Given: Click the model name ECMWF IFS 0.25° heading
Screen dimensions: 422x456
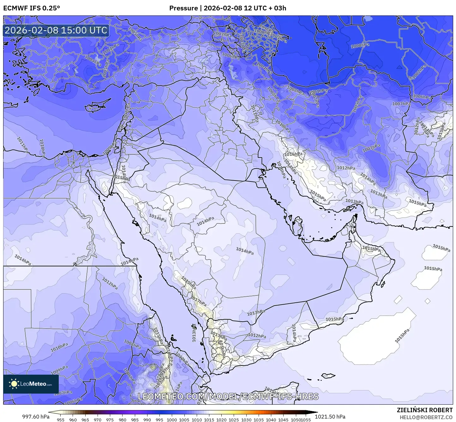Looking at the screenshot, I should click(x=32, y=8).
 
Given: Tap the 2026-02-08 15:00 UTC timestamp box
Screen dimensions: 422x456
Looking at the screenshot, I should click(x=56, y=30).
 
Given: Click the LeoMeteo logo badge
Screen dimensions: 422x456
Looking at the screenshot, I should click(x=31, y=384).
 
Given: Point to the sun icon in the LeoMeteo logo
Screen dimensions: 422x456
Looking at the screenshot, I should click(x=14, y=384).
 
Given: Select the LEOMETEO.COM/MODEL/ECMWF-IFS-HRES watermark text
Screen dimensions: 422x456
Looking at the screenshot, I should click(x=228, y=396).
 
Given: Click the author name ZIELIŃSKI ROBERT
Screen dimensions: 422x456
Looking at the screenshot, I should click(x=424, y=410).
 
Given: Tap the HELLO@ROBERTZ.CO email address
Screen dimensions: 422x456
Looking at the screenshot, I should click(x=426, y=417).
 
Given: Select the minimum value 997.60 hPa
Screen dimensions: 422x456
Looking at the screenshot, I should click(x=36, y=417).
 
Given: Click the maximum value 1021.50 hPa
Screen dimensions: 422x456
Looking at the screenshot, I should click(x=330, y=417).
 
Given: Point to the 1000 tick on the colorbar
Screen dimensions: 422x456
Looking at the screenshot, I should click(x=172, y=419).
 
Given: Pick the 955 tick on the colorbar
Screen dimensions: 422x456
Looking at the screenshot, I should click(x=61, y=419).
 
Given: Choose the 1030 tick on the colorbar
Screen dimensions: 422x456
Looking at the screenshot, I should click(x=246, y=419).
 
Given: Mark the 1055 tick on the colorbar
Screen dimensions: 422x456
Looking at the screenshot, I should click(x=306, y=419).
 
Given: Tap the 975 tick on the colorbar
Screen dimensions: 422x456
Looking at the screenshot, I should click(x=110, y=419).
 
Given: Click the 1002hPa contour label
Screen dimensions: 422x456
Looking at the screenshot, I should click(x=419, y=72).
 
